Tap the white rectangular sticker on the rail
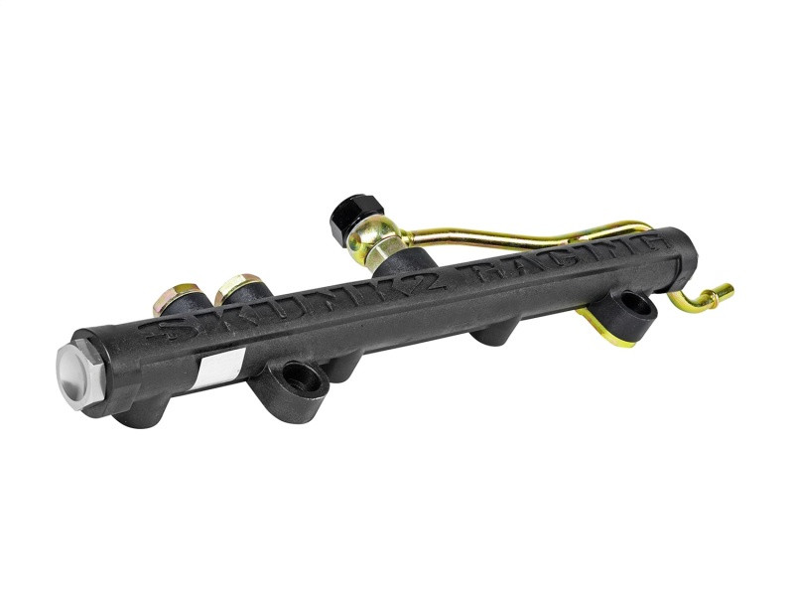(x=215, y=370)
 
